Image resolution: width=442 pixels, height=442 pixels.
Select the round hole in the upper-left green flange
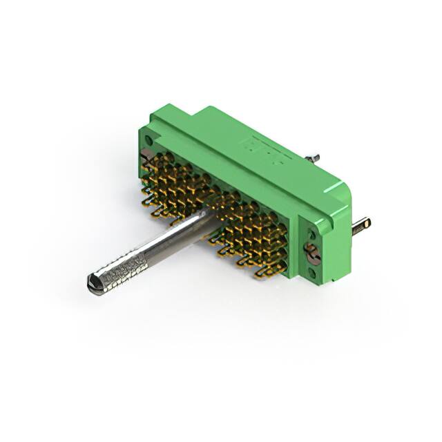coord(149,141)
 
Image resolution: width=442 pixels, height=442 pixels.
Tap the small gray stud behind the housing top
coord(314,158)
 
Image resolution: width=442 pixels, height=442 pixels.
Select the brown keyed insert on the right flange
coord(312,253)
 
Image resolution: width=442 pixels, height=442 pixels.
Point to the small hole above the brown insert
coord(307,230)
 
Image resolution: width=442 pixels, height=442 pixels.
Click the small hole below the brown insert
coord(317,273)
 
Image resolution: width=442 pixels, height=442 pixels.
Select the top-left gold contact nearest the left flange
coord(148,161)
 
